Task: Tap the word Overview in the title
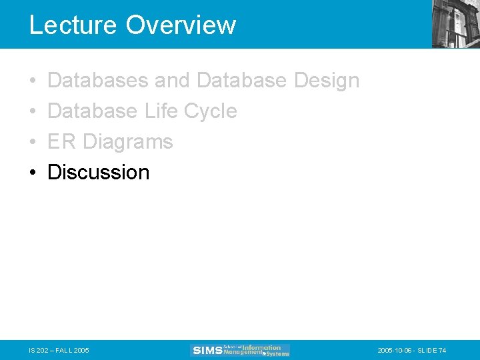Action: tap(181, 25)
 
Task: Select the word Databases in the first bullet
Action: tap(98, 81)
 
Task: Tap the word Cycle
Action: tap(210, 111)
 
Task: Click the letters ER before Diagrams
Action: tap(62, 141)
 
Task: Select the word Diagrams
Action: tap(128, 142)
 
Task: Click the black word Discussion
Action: tap(99, 172)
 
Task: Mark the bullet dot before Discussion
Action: tap(33, 173)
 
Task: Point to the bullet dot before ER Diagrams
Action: tap(33, 142)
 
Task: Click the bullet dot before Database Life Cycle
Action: tap(33, 111)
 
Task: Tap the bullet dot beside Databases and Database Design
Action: tap(33, 81)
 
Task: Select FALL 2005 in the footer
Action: tap(73, 351)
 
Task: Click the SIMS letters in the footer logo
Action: tap(207, 351)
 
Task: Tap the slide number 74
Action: tap(443, 351)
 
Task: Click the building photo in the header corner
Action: tap(455, 23)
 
